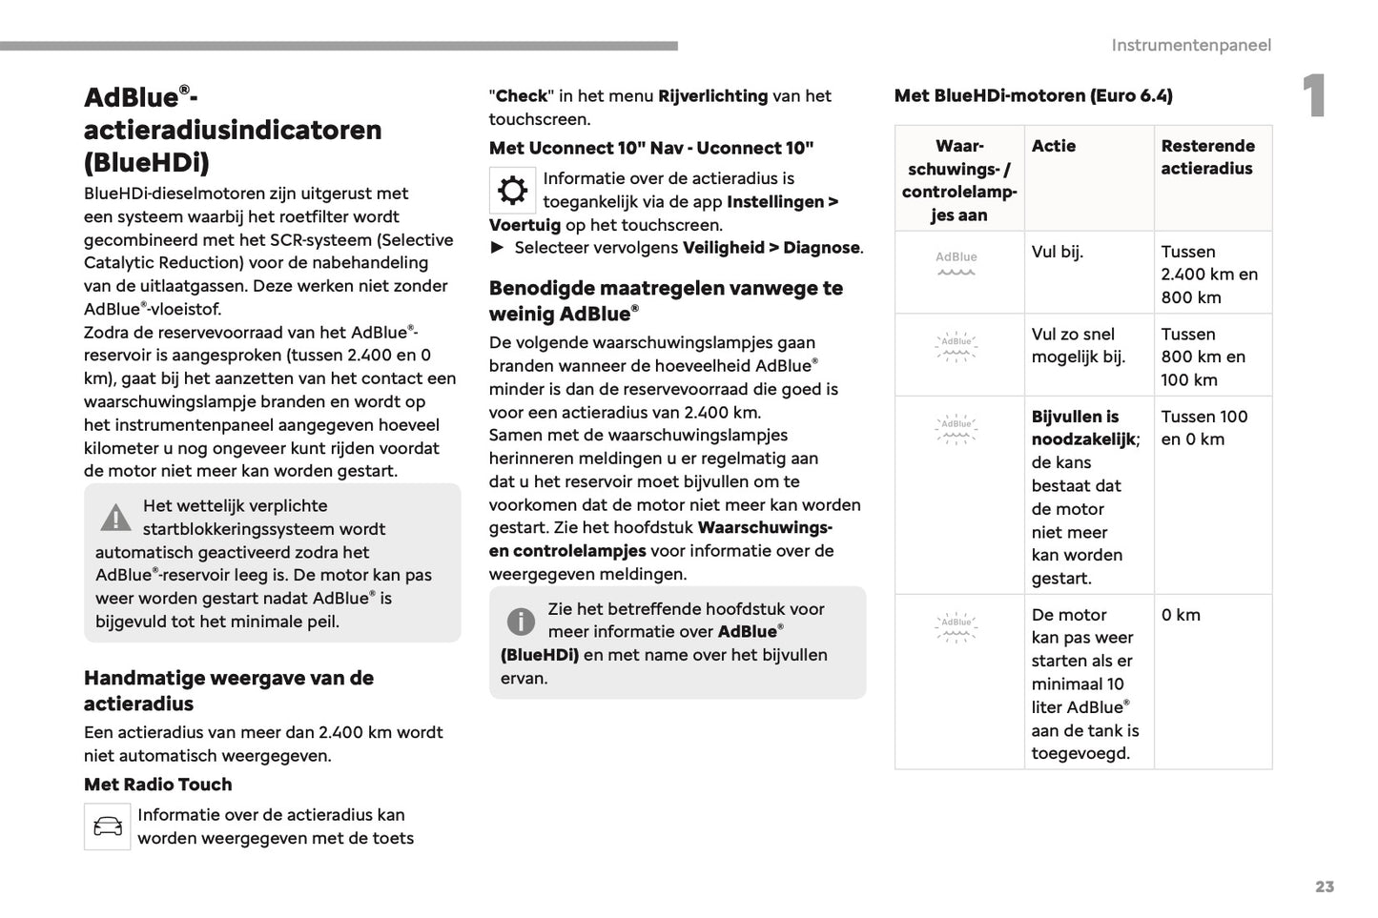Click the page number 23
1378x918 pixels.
click(1324, 887)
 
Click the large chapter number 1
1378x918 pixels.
click(1314, 96)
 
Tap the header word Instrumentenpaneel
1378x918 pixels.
click(1190, 45)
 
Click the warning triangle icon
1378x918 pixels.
click(115, 518)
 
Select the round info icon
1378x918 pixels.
click(521, 622)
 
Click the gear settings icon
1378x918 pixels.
click(512, 191)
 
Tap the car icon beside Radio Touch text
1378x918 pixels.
click(108, 826)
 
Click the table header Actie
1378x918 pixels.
click(1053, 146)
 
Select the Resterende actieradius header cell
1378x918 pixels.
click(1207, 157)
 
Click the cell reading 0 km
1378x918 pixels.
click(1181, 615)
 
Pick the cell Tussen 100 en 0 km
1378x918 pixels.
click(1203, 428)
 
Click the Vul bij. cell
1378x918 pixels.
click(1057, 252)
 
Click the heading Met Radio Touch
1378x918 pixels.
click(158, 785)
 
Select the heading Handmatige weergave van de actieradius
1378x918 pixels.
click(228, 690)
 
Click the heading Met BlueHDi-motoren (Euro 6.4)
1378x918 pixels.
click(1033, 95)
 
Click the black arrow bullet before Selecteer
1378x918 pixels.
click(497, 248)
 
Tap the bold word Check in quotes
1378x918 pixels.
click(522, 96)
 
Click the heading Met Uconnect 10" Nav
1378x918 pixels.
click(650, 148)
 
